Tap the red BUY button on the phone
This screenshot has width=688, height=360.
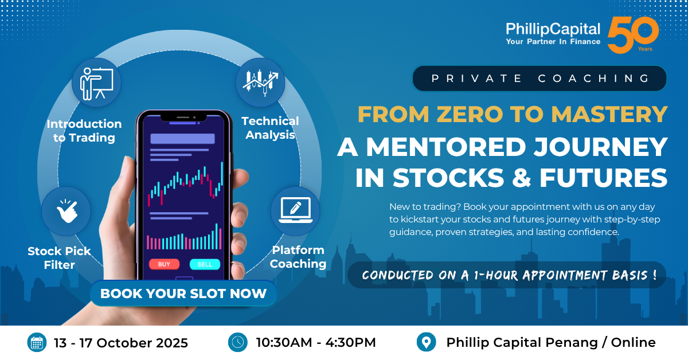164,264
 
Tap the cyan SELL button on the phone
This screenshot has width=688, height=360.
205,264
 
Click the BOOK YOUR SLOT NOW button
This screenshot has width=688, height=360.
183,294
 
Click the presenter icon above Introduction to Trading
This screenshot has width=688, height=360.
96,83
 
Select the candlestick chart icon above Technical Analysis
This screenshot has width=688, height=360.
260,83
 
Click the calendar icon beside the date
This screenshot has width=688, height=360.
37,342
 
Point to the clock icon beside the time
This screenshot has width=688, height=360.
238,342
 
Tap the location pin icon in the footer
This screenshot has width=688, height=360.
427,342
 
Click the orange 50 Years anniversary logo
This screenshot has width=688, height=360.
633,35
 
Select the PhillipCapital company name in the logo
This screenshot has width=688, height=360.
553,29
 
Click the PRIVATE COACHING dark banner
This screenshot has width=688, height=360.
540,79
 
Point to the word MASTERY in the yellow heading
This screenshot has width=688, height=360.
609,114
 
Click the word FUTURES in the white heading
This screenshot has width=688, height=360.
604,178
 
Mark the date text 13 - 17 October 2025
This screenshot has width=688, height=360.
121,343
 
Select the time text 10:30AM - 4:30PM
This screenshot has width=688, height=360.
316,342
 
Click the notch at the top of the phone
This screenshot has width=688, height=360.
183,117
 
